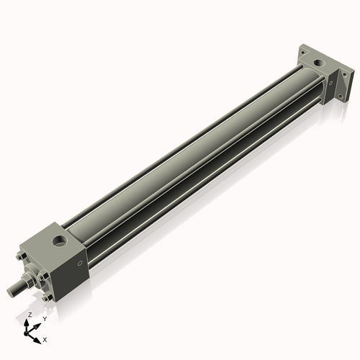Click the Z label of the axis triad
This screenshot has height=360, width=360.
30,315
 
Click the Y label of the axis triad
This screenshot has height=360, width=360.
45,318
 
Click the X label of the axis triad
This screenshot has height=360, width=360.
45,338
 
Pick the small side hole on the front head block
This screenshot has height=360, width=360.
73,264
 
